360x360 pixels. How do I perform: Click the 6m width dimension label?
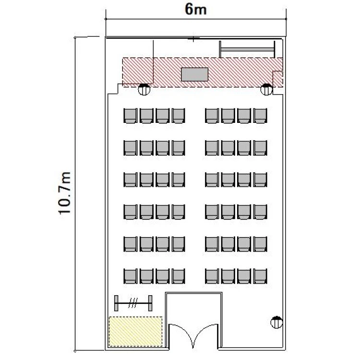tap(196, 10)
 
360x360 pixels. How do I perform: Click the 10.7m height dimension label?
tap(64, 193)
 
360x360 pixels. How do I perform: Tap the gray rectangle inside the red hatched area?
tap(194, 74)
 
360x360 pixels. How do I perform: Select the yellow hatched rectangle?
tap(135, 332)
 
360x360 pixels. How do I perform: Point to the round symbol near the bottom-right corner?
tap(276, 322)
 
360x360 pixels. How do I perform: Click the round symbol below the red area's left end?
tap(144, 90)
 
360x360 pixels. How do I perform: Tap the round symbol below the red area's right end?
tap(266, 90)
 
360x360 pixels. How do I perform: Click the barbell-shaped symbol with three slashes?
tap(133, 303)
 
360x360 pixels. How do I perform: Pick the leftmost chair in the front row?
tap(131, 116)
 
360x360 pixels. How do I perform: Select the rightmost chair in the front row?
tap(260, 116)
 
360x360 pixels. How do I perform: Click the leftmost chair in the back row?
tap(131, 276)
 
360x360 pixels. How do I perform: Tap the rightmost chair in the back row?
tap(260, 276)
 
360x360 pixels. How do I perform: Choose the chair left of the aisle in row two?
tap(179, 148)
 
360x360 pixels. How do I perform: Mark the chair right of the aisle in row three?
tap(212, 180)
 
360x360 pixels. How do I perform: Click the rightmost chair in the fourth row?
tap(260, 212)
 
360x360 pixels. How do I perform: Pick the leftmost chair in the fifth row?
tap(131, 244)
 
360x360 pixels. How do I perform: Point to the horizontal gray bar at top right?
tap(247, 49)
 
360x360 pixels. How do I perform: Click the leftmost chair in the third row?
tap(131, 180)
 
